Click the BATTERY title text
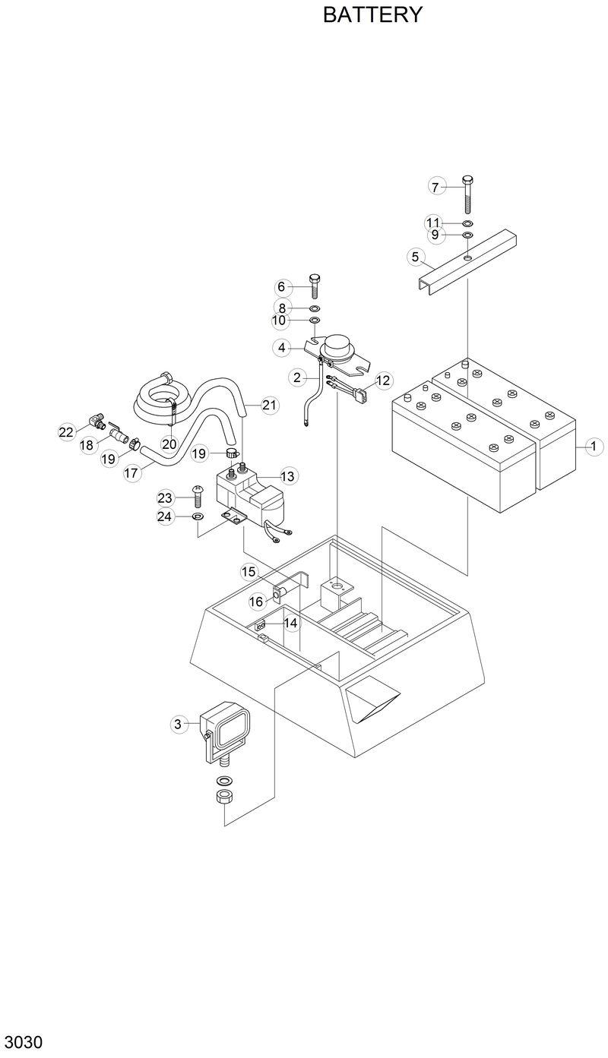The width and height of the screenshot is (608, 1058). tap(372, 15)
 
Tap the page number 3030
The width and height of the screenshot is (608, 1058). tap(22, 1041)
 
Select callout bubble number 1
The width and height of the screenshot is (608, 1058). tap(593, 447)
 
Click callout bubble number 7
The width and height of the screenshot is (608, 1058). tap(435, 187)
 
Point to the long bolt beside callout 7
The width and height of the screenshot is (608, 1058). tap(467, 195)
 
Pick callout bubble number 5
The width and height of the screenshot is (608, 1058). tap(415, 257)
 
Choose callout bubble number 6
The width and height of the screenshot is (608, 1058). tap(281, 287)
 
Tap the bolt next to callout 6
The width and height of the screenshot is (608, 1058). tap(315, 286)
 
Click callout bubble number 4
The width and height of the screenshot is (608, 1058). tap(281, 348)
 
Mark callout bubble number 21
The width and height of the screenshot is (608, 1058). tap(269, 405)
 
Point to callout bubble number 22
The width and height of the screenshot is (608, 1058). tap(66, 432)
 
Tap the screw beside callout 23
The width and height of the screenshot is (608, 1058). tap(197, 497)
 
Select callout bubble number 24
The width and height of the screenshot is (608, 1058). tap(166, 516)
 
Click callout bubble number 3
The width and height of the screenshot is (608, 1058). tap(178, 725)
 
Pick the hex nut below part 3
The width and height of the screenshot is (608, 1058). tap(225, 797)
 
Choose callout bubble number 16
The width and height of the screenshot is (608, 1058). tap(256, 602)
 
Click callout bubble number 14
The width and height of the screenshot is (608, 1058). tap(290, 623)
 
